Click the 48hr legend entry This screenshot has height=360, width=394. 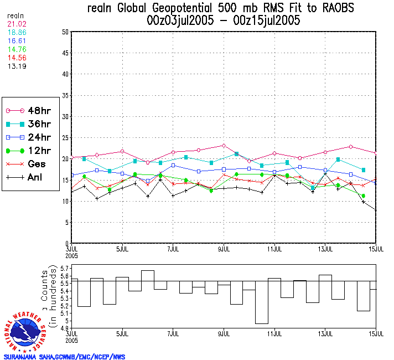(32, 111)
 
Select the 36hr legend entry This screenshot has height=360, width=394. (32, 124)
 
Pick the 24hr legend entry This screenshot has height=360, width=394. (32, 137)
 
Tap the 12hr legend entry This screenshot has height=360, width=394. (32, 151)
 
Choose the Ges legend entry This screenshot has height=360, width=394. (32, 164)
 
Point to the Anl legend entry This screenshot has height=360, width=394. (32, 178)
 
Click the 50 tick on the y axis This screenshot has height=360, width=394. (65, 32)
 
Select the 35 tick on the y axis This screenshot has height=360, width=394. (65, 95)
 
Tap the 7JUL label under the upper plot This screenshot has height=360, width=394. (173, 248)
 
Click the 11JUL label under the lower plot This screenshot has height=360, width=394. (275, 335)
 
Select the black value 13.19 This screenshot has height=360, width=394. (16, 66)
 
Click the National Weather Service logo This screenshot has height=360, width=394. (25, 332)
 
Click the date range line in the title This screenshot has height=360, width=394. (221, 20)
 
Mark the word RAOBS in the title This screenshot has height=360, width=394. (329, 8)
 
